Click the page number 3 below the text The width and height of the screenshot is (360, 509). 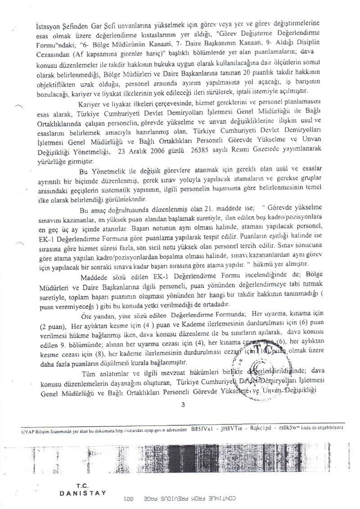183,404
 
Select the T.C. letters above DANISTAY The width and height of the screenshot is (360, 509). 82,486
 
